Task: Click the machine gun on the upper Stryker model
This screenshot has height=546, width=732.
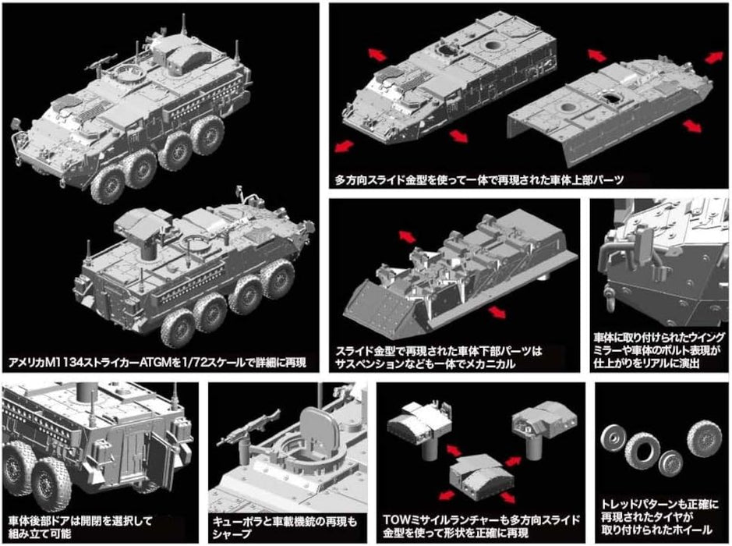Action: (103, 58)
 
